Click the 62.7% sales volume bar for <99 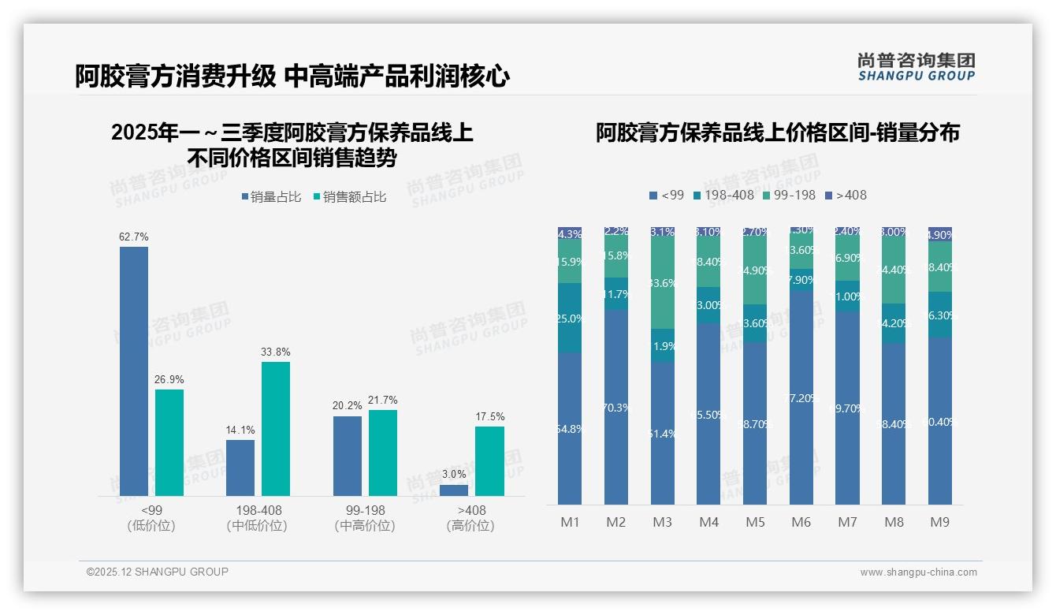[134, 371]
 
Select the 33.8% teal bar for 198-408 [276, 428]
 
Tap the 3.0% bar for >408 [454, 490]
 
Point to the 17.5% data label [489, 416]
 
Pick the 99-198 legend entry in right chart [789, 195]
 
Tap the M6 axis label [801, 522]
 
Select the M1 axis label [570, 522]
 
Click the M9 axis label [939, 522]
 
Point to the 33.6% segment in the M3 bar [663, 282]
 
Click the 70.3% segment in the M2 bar [616, 407]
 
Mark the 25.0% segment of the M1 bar [570, 318]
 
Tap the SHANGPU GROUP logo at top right [916, 66]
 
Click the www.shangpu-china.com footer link [918, 572]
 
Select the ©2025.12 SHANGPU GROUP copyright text [158, 572]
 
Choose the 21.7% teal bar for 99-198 [383, 453]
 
